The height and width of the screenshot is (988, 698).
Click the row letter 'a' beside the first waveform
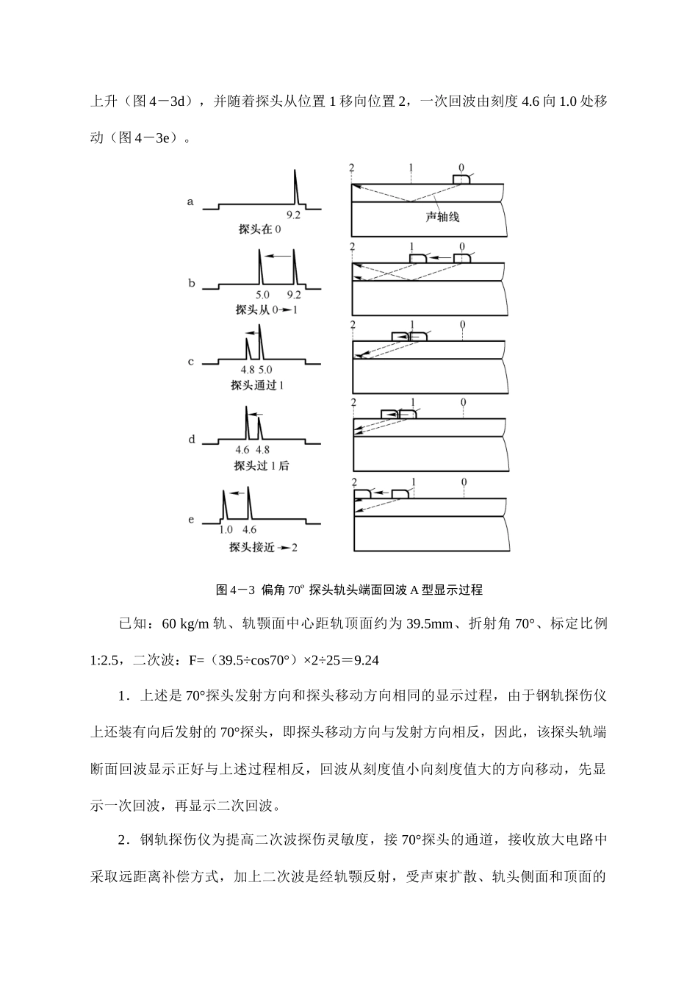pos(190,201)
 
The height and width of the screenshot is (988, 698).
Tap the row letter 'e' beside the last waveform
pos(191,520)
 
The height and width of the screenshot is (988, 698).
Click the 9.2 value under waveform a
pos(293,215)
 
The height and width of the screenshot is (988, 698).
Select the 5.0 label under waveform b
pos(262,294)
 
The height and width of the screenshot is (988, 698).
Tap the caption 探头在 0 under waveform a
pos(259,229)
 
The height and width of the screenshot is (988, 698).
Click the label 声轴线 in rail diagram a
pos(443,217)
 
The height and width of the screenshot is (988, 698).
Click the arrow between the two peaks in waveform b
pos(277,256)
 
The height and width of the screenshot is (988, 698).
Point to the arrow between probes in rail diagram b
pos(440,258)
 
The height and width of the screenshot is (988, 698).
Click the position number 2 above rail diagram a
pos(353,168)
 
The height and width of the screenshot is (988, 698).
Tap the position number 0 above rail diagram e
pos(464,482)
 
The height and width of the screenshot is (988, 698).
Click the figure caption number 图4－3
pos(234,590)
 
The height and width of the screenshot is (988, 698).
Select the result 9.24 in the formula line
pos(366,660)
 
